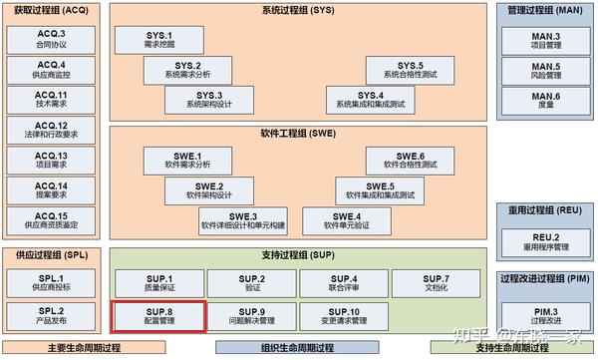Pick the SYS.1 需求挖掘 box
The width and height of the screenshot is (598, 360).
click(158, 39)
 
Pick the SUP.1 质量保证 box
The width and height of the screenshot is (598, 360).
click(157, 282)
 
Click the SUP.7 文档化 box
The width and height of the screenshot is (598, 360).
click(436, 282)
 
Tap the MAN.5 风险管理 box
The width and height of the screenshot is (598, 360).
click(544, 71)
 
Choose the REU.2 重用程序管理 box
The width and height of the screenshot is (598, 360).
click(544, 241)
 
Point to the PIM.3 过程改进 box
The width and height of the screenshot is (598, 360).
click(544, 315)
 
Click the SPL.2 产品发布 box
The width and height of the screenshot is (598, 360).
click(51, 315)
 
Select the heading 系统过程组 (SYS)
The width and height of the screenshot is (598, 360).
click(297, 11)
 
